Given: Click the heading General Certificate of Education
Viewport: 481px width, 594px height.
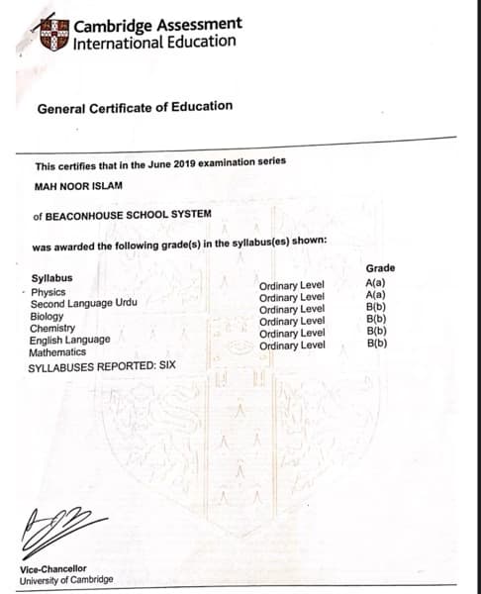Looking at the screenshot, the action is tap(135, 106).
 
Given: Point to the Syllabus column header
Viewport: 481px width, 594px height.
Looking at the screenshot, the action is tap(51, 278).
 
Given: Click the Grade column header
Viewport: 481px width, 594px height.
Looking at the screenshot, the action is tap(380, 268).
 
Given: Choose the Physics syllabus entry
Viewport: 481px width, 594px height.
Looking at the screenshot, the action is tap(48, 292).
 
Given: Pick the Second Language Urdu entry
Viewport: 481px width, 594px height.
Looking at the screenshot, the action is tap(83, 304).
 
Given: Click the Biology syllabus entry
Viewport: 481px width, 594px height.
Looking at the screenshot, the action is tap(48, 316).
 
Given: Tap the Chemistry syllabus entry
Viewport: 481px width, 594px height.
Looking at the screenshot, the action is tap(53, 328).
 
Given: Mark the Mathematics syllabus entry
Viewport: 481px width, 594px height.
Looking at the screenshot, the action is tap(57, 351).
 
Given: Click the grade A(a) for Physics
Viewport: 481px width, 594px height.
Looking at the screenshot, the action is tap(376, 284).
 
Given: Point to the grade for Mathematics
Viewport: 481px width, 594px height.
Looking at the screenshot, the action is tap(376, 344).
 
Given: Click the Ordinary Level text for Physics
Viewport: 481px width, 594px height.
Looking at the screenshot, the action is tap(292, 286).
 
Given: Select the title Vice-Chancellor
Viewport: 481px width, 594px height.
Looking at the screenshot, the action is tap(52, 569).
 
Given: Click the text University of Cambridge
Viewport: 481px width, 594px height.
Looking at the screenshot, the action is tap(66, 580).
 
